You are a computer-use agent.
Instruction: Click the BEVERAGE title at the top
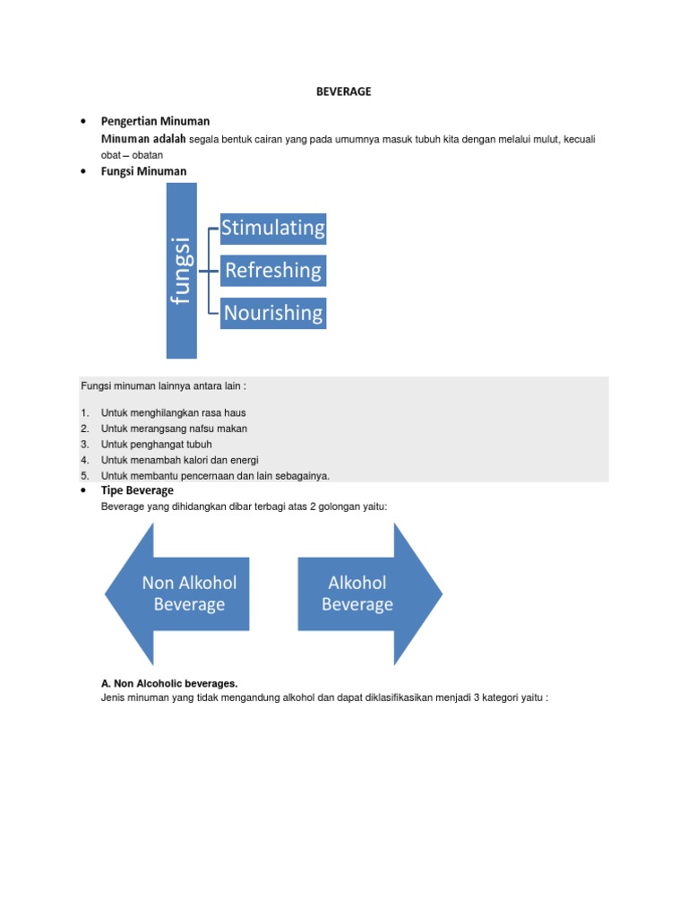tap(343, 91)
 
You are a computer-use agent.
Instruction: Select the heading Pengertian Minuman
tap(155, 121)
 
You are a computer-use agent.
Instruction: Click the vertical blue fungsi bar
tap(181, 271)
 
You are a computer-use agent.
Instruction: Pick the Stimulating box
tap(273, 229)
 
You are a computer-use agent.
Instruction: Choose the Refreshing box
tap(273, 271)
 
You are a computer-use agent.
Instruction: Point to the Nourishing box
tap(273, 313)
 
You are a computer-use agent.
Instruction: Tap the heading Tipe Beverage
tap(137, 491)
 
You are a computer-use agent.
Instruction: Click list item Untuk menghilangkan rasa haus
tap(173, 413)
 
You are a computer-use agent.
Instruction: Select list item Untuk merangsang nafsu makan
tap(174, 429)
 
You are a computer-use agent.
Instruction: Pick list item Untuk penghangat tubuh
tap(157, 445)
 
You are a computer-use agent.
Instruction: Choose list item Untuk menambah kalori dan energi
tap(179, 460)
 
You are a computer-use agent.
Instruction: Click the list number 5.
tap(84, 476)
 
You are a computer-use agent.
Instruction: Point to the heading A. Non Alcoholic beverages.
tap(170, 683)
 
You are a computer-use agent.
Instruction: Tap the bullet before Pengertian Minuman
tap(82, 121)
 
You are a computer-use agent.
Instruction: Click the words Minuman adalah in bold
tap(143, 139)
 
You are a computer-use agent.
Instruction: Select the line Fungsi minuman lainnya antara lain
tap(163, 386)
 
